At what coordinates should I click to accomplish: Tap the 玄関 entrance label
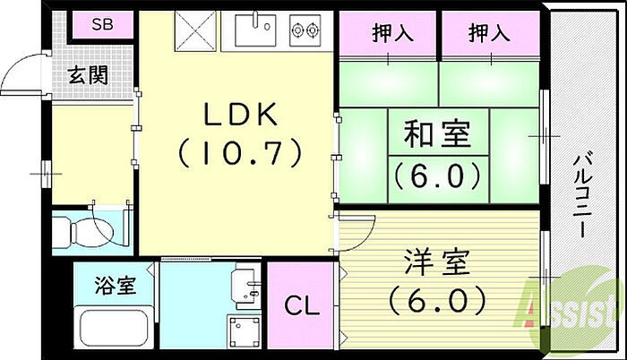(90, 75)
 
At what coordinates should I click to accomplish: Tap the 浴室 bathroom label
(114, 287)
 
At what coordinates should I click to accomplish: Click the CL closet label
(301, 307)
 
